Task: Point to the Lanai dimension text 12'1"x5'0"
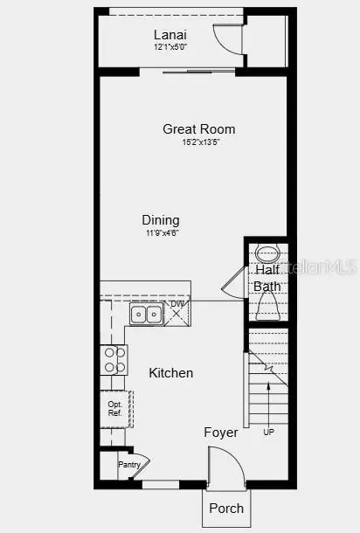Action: (170, 46)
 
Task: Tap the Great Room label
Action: (198, 129)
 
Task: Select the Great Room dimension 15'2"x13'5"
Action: (199, 142)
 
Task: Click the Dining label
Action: (161, 220)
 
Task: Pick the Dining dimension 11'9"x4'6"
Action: (161, 233)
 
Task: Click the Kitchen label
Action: (170, 373)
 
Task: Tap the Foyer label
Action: (220, 433)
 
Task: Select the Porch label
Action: (225, 508)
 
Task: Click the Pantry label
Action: (129, 465)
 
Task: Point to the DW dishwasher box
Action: (177, 311)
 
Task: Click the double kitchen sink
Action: (146, 314)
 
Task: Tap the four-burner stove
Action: (114, 360)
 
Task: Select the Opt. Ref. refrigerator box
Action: (115, 408)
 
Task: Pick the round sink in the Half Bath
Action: (267, 256)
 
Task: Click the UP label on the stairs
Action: (268, 432)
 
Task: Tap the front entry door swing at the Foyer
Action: (224, 463)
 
